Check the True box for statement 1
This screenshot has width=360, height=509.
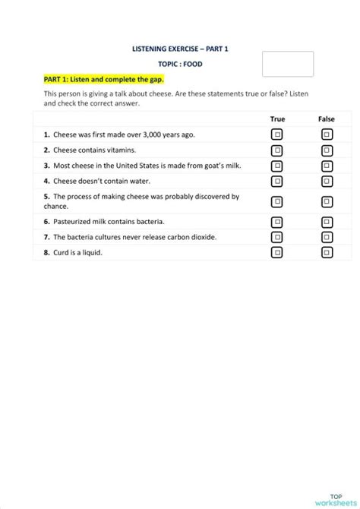pos(277,134)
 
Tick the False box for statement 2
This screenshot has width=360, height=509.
pos(326,150)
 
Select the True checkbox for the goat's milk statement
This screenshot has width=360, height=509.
pos(277,166)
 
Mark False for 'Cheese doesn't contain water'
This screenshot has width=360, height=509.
pos(326,182)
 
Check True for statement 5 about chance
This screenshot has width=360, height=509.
pos(277,201)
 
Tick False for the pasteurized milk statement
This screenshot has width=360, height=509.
pos(326,222)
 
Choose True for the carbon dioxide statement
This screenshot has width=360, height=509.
pos(277,237)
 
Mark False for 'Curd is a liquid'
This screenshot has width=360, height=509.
pos(326,252)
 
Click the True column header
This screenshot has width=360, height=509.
pos(277,119)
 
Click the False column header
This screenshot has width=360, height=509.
pos(326,119)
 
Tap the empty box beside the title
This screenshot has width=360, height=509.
pos(288,64)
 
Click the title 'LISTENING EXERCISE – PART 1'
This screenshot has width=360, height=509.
pos(180,49)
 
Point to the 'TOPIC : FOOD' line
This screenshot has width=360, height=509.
pos(180,65)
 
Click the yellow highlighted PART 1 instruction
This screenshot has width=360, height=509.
pos(103,79)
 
